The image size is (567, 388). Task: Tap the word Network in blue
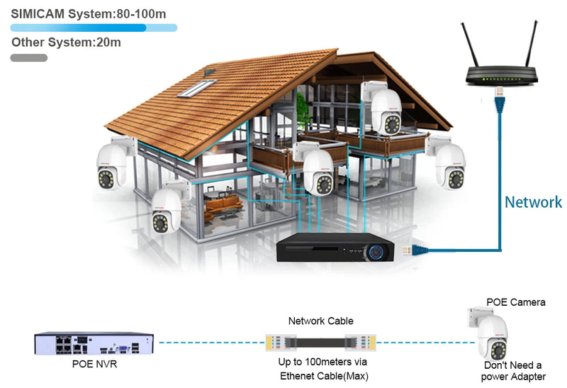pyautogui.click(x=533, y=202)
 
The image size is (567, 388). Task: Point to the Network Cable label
pyautogui.click(x=320, y=321)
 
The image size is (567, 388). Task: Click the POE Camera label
pyautogui.click(x=515, y=302)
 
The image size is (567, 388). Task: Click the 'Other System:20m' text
pyautogui.click(x=66, y=43)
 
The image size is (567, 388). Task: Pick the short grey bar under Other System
pyautogui.click(x=29, y=57)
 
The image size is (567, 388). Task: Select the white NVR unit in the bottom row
pyautogui.click(x=94, y=343)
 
